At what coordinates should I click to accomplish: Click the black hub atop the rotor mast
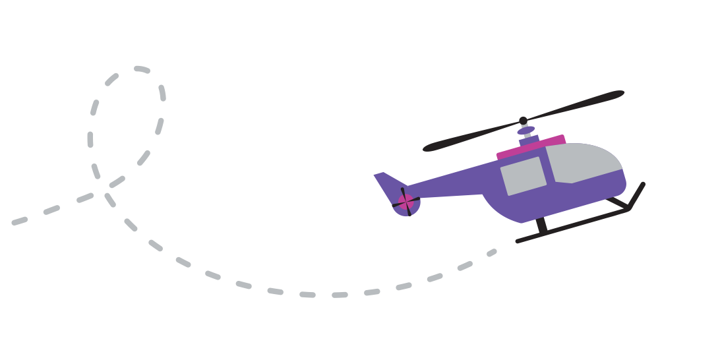pos(524,121)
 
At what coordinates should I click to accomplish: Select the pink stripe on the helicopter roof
pos(531,148)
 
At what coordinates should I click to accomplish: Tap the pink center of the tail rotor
pos(405,202)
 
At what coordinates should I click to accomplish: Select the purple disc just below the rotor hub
pos(525,131)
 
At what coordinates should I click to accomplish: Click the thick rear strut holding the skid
pos(541,226)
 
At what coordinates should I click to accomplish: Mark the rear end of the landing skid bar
pos(519,241)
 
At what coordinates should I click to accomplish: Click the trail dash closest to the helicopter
pos(492,252)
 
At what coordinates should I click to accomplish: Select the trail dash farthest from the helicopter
pos(20,221)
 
